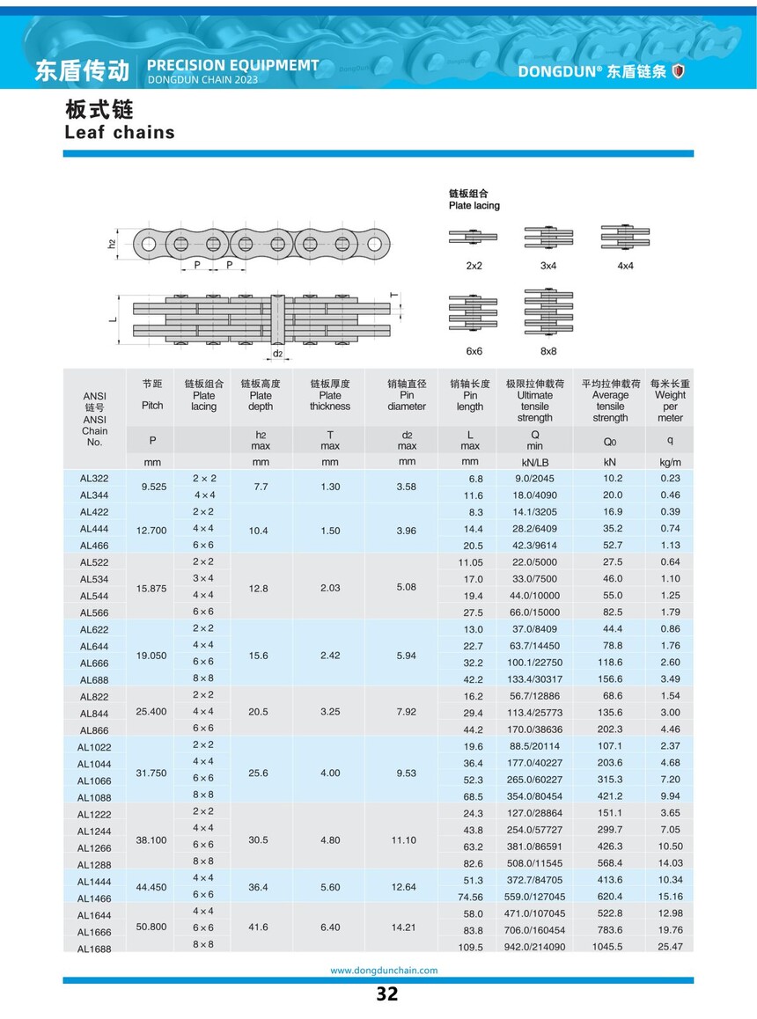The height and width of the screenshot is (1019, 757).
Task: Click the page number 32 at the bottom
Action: click(386, 994)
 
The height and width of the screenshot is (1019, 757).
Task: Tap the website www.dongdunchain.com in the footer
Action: click(383, 971)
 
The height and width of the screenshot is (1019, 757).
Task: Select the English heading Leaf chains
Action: click(120, 133)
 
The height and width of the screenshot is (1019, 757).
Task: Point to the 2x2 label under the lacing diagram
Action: click(474, 265)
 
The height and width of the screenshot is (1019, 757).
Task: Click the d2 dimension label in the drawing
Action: click(277, 354)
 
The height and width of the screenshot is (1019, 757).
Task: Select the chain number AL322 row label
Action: click(93, 479)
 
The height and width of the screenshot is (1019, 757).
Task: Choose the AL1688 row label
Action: click(93, 949)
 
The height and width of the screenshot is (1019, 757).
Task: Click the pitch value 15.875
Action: click(151, 587)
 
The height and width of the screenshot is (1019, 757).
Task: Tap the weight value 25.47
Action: click(670, 947)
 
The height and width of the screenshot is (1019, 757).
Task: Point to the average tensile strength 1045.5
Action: click(609, 947)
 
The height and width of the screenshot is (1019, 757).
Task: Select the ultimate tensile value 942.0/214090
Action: click(535, 947)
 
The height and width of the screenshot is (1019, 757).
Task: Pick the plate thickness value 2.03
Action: click(329, 587)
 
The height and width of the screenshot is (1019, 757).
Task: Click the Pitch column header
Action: click(152, 406)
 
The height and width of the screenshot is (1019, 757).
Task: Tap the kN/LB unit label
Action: click(534, 462)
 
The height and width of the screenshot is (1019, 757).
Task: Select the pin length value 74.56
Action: click(469, 898)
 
